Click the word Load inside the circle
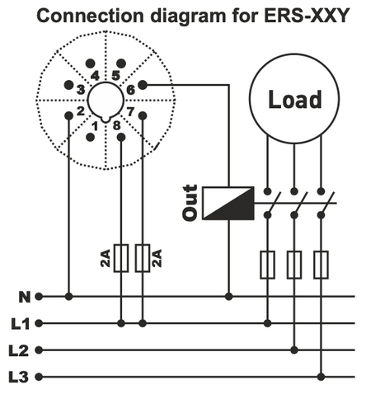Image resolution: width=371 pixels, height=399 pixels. click(x=295, y=100)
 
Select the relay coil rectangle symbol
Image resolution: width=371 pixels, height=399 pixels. click(x=228, y=203)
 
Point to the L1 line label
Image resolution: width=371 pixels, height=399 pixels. click(x=21, y=323)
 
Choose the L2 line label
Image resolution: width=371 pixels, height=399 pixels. click(x=21, y=350)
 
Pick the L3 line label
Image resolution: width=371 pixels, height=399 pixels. click(x=21, y=378)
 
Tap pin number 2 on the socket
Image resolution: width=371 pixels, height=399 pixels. click(x=81, y=110)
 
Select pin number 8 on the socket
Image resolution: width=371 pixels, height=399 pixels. click(x=117, y=125)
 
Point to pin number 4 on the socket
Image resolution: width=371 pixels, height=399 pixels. click(x=95, y=75)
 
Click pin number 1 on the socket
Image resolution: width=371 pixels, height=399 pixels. click(x=96, y=126)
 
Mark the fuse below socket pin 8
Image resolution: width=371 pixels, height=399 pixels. click(x=122, y=258)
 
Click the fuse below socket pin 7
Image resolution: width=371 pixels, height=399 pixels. click(x=143, y=258)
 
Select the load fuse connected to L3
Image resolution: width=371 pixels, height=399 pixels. click(x=321, y=265)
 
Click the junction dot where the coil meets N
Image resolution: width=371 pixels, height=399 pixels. click(x=229, y=296)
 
